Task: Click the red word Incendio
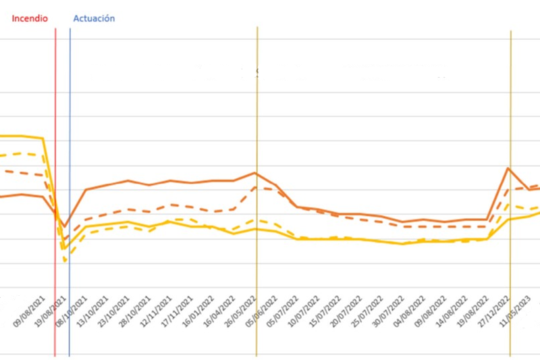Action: point(28,18)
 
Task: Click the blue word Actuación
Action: point(93,18)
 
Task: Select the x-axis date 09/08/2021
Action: point(29,311)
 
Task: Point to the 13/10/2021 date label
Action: point(93,311)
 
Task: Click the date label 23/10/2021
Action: point(114,311)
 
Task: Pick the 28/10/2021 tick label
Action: point(136,311)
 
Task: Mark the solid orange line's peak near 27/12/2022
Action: point(508,168)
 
